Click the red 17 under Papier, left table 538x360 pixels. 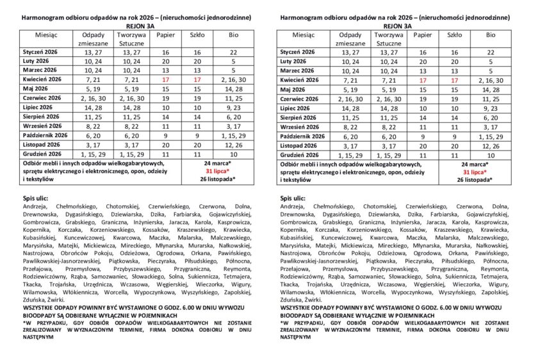pos(165,80)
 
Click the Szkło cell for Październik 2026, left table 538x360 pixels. pos(198,136)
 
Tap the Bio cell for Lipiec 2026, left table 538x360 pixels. pos(233,108)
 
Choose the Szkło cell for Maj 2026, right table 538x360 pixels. pos(455,90)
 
